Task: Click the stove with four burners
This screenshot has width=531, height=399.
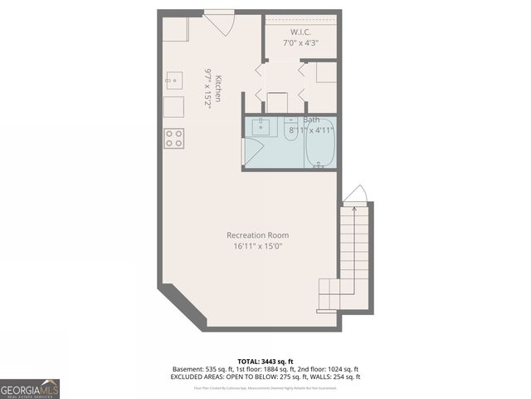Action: coord(173,138)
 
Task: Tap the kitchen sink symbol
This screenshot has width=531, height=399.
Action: coord(174,81)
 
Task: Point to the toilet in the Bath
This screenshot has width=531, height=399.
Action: coord(290,131)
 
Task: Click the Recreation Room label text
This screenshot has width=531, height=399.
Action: coord(258,235)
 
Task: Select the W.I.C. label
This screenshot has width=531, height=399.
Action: coord(300,32)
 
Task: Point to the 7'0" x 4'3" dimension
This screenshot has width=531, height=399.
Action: coord(300,42)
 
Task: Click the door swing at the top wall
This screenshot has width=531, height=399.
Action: coord(219,22)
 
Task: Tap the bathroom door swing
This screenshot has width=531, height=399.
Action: coord(252,152)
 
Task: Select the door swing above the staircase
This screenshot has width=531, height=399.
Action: coord(355,194)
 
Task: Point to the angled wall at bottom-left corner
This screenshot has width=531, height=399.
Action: coord(183,304)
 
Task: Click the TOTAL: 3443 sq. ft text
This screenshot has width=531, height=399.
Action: coord(265,359)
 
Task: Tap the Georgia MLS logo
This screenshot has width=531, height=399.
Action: coord(30,388)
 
